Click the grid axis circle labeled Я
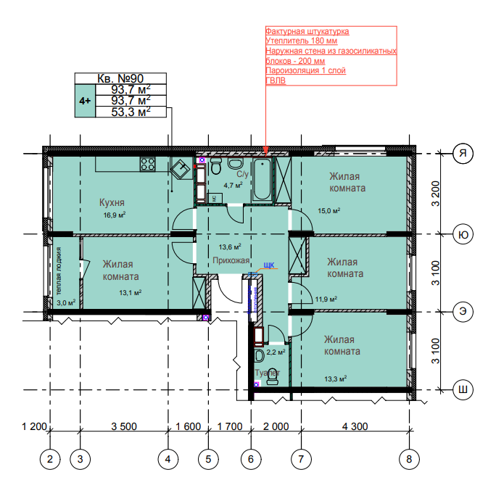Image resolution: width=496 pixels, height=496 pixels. click(x=463, y=154)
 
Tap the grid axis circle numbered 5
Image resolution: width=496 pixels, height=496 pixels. click(x=208, y=459)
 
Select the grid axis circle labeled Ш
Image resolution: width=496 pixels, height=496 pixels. click(x=463, y=389)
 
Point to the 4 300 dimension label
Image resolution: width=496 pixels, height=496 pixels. click(x=355, y=426)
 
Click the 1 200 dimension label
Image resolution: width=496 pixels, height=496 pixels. click(x=34, y=426)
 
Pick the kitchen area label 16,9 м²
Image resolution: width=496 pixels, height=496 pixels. click(x=115, y=215)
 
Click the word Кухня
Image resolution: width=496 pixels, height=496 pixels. click(x=112, y=202)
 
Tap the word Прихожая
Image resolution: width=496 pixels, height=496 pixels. click(x=231, y=260)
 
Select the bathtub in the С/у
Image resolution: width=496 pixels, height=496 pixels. click(x=263, y=179)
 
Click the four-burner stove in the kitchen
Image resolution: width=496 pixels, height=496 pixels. click(x=148, y=164)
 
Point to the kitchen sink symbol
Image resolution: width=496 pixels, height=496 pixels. click(x=181, y=169)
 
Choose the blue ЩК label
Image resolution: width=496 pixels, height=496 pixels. click(x=269, y=265)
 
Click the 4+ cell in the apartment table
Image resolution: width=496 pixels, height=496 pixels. click(x=85, y=101)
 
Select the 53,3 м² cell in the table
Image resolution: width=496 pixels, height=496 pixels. click(x=131, y=112)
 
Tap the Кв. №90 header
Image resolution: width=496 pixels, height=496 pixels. click(x=120, y=78)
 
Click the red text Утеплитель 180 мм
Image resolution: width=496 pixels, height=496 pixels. click(x=302, y=41)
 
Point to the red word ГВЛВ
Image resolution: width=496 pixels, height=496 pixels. click(x=276, y=80)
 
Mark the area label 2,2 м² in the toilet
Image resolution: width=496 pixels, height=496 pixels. click(x=276, y=352)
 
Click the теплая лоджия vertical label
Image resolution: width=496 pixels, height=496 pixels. click(x=59, y=271)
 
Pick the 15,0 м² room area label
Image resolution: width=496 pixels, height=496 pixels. click(x=329, y=211)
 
